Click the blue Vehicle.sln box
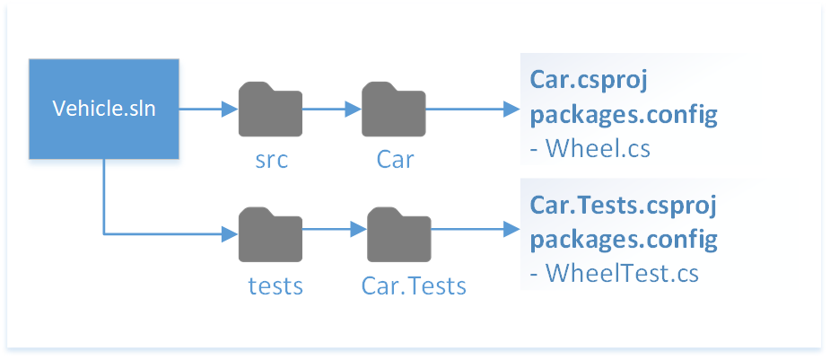pos(104,110)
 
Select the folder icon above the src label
pos(270,110)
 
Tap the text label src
pos(270,160)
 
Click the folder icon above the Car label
pos(393,110)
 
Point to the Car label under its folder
pos(394,160)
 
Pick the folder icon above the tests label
pos(270,233)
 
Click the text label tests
pos(275,285)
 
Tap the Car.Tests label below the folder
pos(414,285)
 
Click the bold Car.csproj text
pos(589,81)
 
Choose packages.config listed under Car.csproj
pos(623,115)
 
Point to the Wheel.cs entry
pos(590,148)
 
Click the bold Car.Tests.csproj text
pos(623,206)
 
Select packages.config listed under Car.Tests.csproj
pos(623,239)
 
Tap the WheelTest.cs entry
pos(614,272)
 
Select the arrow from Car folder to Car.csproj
pos(471,110)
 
